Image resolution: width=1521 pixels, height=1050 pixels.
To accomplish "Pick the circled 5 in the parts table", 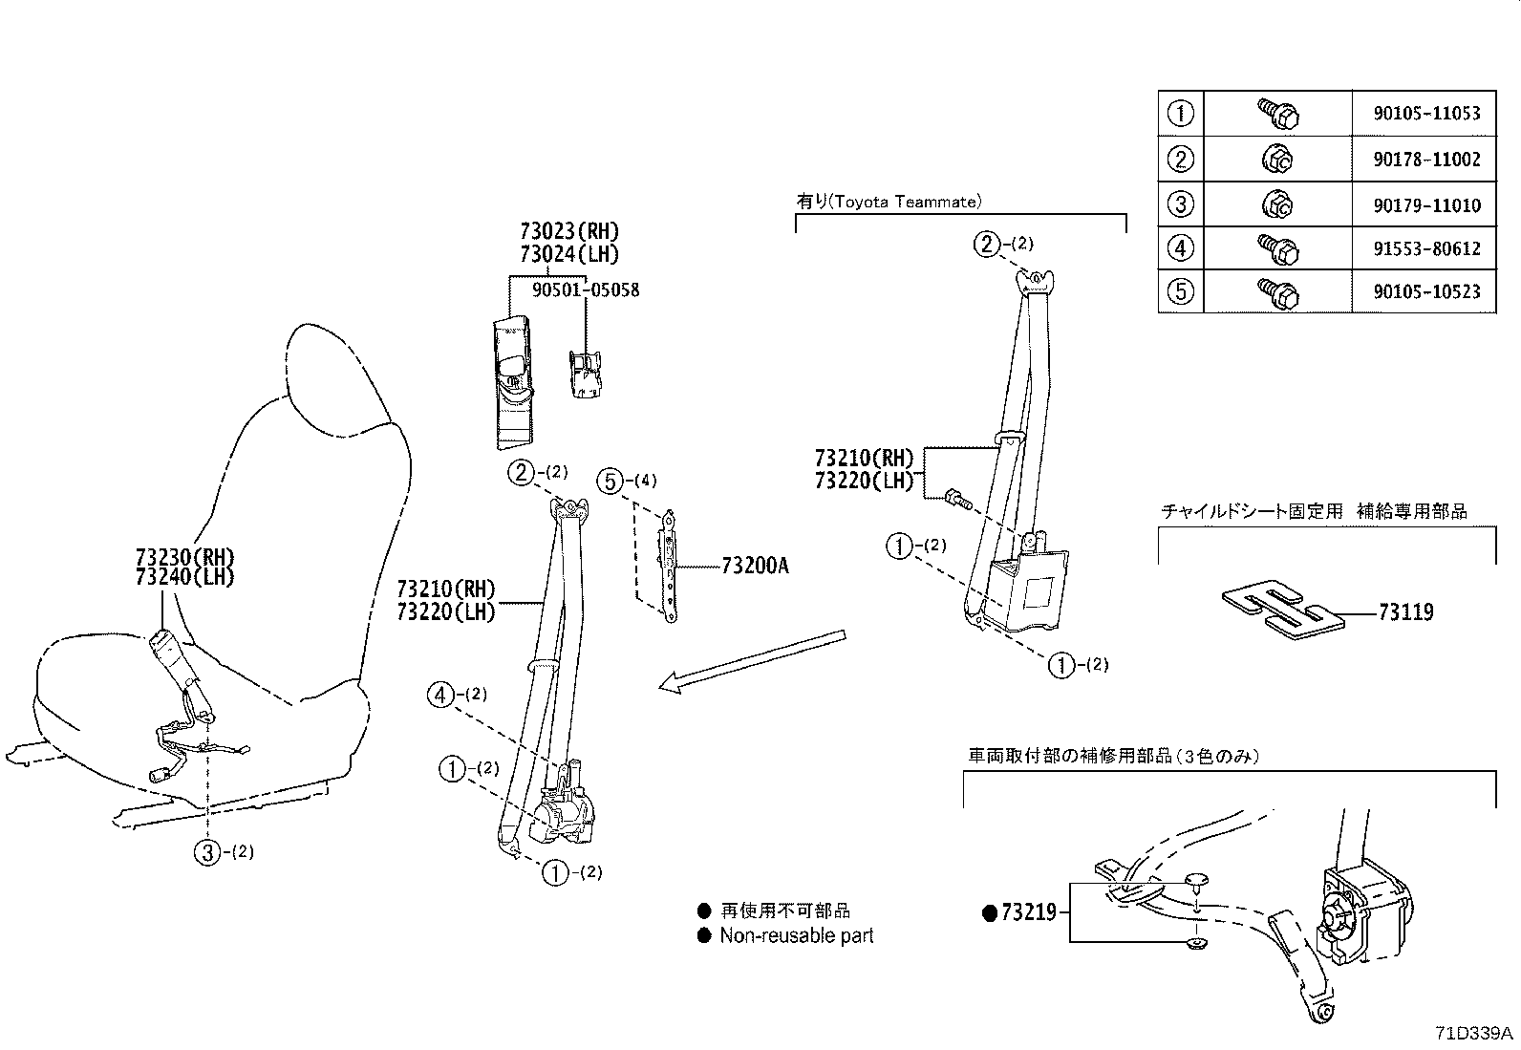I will tap(1181, 290).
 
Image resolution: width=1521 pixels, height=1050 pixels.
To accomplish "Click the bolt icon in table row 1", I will tap(1277, 115).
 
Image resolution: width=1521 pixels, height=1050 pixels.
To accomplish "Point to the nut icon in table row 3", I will tap(1277, 204).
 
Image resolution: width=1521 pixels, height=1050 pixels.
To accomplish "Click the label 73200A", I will tap(755, 566).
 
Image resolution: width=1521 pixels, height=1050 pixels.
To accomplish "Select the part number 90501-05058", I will tap(586, 289).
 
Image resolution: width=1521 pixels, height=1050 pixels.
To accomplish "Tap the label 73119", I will tap(1405, 612).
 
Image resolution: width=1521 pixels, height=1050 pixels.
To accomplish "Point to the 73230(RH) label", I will tap(184, 558).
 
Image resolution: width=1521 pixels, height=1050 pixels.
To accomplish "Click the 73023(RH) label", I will tap(569, 231).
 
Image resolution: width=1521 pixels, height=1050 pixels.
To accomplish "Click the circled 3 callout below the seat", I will tap(208, 852).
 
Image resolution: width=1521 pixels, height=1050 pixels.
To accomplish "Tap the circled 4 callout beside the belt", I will tap(441, 695).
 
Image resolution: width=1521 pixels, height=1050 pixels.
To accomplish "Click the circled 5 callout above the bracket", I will tap(611, 482).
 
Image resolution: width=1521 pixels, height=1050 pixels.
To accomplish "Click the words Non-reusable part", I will tap(797, 936).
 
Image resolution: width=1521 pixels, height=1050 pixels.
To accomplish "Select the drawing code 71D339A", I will tap(1474, 1034).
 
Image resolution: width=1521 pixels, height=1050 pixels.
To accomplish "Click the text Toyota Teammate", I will tap(904, 202).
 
